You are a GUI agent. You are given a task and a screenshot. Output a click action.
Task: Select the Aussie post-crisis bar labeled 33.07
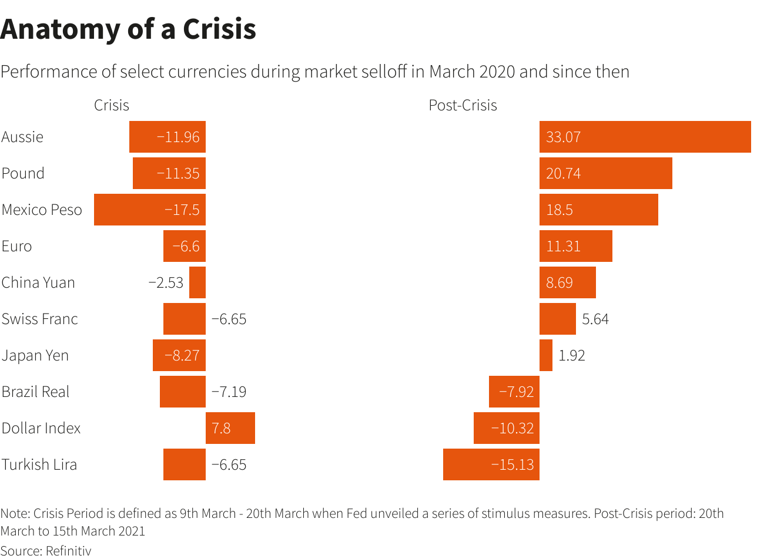tap(645, 137)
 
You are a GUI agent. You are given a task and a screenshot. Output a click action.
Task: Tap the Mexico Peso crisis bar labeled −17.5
tap(150, 210)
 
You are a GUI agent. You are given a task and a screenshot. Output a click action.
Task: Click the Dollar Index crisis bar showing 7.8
tap(230, 428)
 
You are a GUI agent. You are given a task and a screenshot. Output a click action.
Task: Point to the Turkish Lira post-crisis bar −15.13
tap(491, 464)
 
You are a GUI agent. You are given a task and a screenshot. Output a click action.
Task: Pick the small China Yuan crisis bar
tap(197, 282)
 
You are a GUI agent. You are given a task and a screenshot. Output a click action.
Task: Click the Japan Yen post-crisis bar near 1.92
tap(546, 355)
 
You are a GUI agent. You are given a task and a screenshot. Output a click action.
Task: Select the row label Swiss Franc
tap(39, 319)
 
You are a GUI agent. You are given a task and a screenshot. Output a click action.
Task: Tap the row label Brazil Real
tap(35, 392)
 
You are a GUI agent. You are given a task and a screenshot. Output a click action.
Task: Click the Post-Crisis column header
tap(463, 105)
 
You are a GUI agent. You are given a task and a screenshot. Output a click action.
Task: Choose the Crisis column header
tap(112, 105)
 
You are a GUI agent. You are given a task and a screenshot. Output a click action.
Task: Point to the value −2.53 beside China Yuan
tap(166, 282)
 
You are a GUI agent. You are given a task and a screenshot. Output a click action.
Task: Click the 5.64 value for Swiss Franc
tap(595, 319)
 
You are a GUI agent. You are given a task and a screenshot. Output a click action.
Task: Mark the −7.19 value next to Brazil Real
tap(229, 392)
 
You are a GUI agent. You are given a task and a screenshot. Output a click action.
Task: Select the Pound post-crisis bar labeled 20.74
tap(605, 173)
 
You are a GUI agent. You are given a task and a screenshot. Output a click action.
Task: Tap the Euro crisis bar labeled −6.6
tap(185, 246)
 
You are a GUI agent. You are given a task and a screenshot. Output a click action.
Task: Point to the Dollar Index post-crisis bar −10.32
tap(507, 428)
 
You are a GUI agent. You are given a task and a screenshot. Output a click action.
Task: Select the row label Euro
tap(16, 246)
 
